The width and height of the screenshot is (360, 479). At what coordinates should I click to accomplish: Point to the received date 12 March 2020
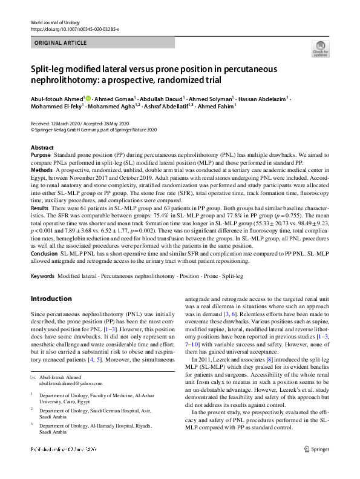tap(67, 122)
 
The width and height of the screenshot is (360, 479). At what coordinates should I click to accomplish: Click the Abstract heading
tap(42, 148)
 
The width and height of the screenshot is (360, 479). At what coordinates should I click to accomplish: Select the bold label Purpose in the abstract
tap(41, 156)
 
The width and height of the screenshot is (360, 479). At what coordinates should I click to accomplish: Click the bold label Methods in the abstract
tap(42, 171)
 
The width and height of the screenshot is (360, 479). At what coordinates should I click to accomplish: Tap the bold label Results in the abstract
tap(40, 208)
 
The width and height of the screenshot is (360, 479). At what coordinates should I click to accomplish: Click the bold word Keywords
tap(44, 276)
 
